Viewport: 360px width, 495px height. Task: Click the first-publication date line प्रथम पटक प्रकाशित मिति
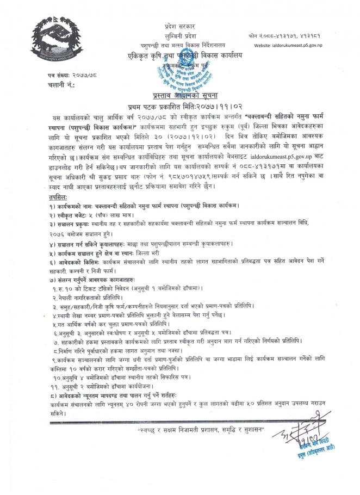coord(179,106)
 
